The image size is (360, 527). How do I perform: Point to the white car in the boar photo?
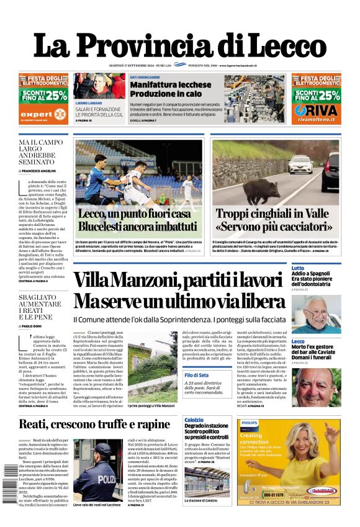(x=299, y=164)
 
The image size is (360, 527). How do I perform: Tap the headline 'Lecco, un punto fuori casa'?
(x=134, y=214)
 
